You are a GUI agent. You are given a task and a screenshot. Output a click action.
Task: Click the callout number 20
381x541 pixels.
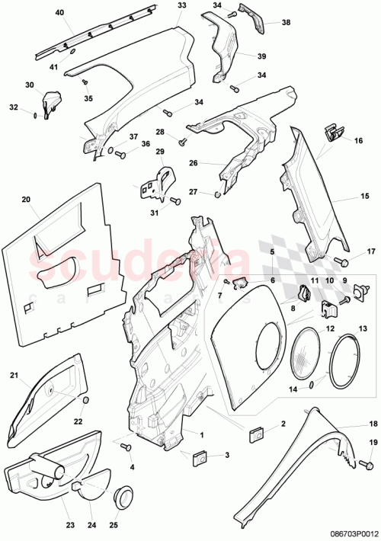point(25,200)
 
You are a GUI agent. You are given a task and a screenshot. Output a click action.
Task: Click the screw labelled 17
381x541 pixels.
point(341,263)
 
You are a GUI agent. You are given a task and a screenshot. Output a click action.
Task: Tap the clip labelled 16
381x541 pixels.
point(333,133)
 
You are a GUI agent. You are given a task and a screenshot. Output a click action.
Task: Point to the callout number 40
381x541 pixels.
point(60,12)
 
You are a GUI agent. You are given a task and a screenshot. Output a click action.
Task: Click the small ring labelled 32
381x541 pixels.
point(36,115)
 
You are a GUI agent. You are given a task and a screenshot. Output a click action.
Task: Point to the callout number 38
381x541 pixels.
point(286,23)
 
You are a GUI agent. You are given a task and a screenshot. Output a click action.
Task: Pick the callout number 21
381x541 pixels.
point(13,375)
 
